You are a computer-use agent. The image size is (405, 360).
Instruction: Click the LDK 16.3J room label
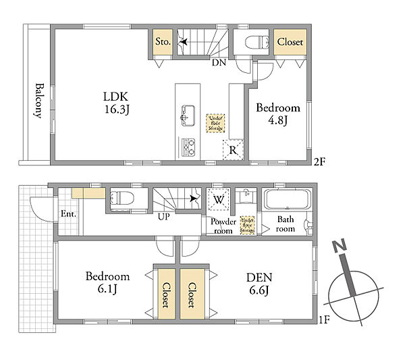(116, 103)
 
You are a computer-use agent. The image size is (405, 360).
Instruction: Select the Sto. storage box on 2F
(163, 42)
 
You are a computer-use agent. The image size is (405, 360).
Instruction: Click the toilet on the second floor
(256, 42)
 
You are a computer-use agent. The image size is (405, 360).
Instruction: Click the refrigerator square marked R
(233, 150)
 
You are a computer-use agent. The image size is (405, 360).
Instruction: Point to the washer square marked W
(219, 199)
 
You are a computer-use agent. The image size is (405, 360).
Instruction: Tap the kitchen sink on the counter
(188, 115)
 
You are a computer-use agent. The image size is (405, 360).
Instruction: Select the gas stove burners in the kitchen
(188, 147)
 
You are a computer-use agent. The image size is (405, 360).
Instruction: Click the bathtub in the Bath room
(287, 199)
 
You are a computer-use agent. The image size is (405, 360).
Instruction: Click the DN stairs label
(219, 62)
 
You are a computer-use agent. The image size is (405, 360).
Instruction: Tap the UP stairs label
(164, 217)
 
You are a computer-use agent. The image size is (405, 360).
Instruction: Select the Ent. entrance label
(68, 214)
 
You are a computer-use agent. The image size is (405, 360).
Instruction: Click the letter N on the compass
(339, 245)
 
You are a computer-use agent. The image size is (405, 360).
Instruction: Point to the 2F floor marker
(319, 162)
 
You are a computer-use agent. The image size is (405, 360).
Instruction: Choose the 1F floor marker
(325, 320)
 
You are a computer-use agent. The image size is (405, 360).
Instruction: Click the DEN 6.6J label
(259, 284)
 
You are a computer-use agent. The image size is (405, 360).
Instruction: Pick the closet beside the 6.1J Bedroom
(167, 294)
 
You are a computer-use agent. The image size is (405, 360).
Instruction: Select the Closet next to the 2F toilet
(290, 42)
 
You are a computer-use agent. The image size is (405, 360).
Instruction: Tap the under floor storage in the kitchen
(215, 124)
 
